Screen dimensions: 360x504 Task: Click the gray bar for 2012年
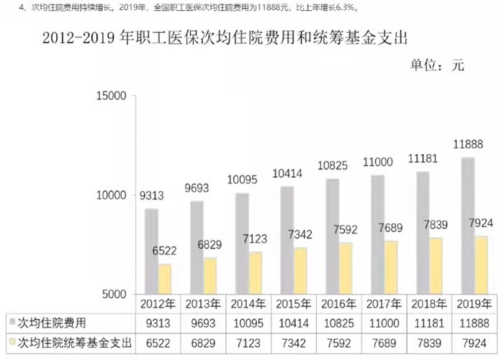click(151, 251)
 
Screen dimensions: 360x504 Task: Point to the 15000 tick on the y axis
click(112, 96)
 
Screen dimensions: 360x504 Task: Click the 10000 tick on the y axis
click(112, 195)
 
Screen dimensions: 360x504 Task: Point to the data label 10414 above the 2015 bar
click(285, 174)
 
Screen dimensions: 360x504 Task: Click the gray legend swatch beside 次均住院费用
click(12, 322)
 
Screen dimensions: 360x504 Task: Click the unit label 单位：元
click(437, 66)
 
